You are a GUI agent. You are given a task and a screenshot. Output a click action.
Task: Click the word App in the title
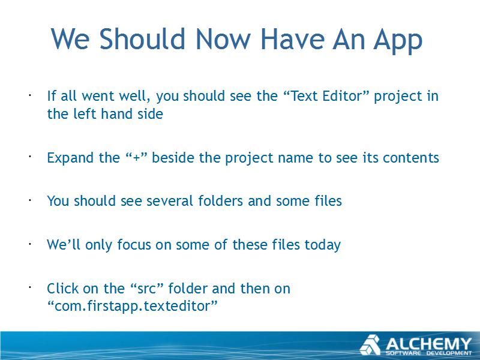coord(398,40)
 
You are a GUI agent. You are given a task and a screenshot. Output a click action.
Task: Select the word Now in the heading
coord(223,39)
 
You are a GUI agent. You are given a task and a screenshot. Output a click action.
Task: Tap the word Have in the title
coord(293,39)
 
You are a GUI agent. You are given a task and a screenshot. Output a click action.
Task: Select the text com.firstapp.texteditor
coord(132,306)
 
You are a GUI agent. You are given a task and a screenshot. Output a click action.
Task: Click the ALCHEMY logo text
coord(428,344)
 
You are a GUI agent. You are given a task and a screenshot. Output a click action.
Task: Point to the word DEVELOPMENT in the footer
coord(449,353)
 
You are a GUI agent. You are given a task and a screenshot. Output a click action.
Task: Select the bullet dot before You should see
coord(30,200)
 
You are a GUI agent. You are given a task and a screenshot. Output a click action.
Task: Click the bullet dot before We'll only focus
coord(30,244)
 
